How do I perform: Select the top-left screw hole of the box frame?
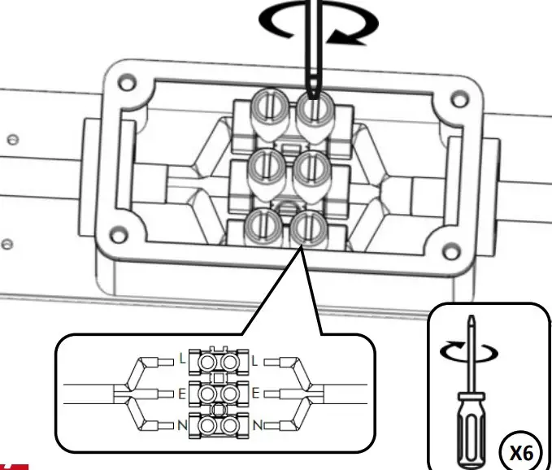pos(124,84)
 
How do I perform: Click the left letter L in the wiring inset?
pos(183,358)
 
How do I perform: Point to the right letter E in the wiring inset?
pos(257,393)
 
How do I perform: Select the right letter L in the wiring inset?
pos(257,358)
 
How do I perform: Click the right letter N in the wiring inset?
pos(257,425)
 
